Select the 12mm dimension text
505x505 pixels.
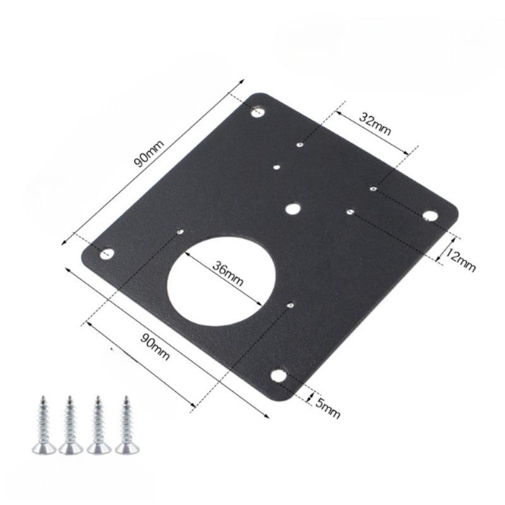coord(459,259)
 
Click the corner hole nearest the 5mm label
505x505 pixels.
coord(278,376)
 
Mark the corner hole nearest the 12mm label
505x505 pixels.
coord(429,216)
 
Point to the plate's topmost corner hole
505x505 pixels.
coord(258,112)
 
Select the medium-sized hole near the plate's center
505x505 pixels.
coord(292,208)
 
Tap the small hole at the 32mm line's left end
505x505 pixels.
coord(300,145)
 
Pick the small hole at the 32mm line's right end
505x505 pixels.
coord(373,187)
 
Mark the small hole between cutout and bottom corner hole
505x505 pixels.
coord(290,306)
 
